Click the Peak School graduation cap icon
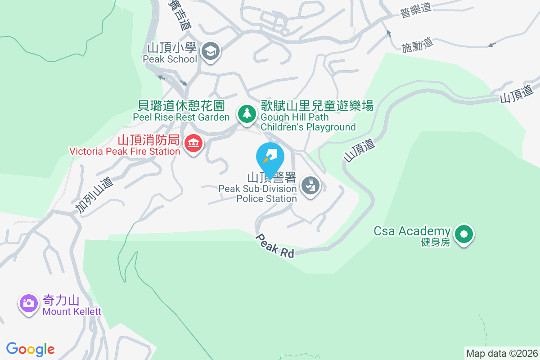[x=210, y=51]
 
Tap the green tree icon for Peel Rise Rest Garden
[x=246, y=112]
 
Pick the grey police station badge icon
[x=310, y=185]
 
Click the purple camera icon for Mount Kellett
[x=28, y=303]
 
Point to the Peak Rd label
[x=275, y=246]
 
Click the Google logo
[x=31, y=349]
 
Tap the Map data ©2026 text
[x=502, y=353]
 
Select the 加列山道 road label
[x=94, y=195]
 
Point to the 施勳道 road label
[x=417, y=45]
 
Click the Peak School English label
[x=170, y=59]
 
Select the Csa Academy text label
[x=412, y=231]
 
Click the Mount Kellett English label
[x=72, y=311]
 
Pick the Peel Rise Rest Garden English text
[x=181, y=117]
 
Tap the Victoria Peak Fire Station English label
[x=125, y=151]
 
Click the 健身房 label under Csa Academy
[x=435, y=242]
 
